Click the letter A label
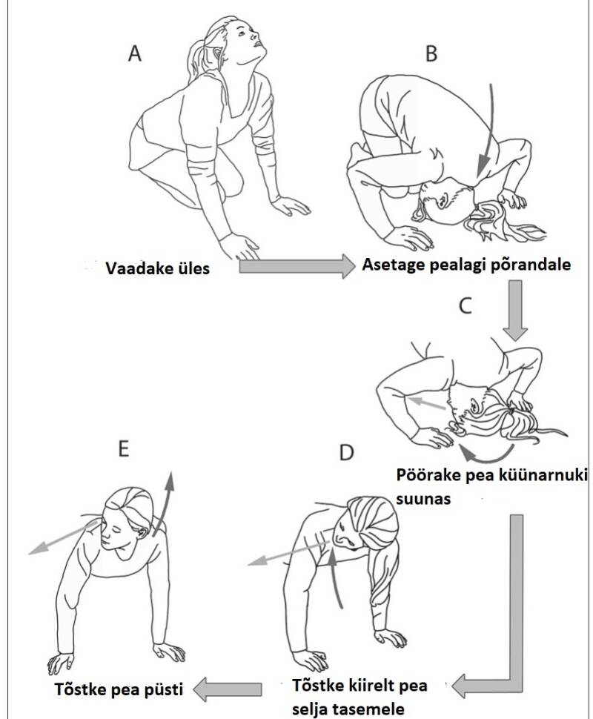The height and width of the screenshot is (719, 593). point(134,53)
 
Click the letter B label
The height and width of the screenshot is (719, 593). point(431,53)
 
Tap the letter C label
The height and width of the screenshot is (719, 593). point(465,306)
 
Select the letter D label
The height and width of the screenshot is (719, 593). point(346,452)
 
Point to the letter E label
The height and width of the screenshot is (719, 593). point(123,448)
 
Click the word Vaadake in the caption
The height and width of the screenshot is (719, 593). point(134,268)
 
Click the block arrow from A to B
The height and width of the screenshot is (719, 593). point(297,266)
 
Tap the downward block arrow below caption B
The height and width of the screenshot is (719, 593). point(515,311)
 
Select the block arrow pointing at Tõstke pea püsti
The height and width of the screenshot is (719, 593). point(227,689)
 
